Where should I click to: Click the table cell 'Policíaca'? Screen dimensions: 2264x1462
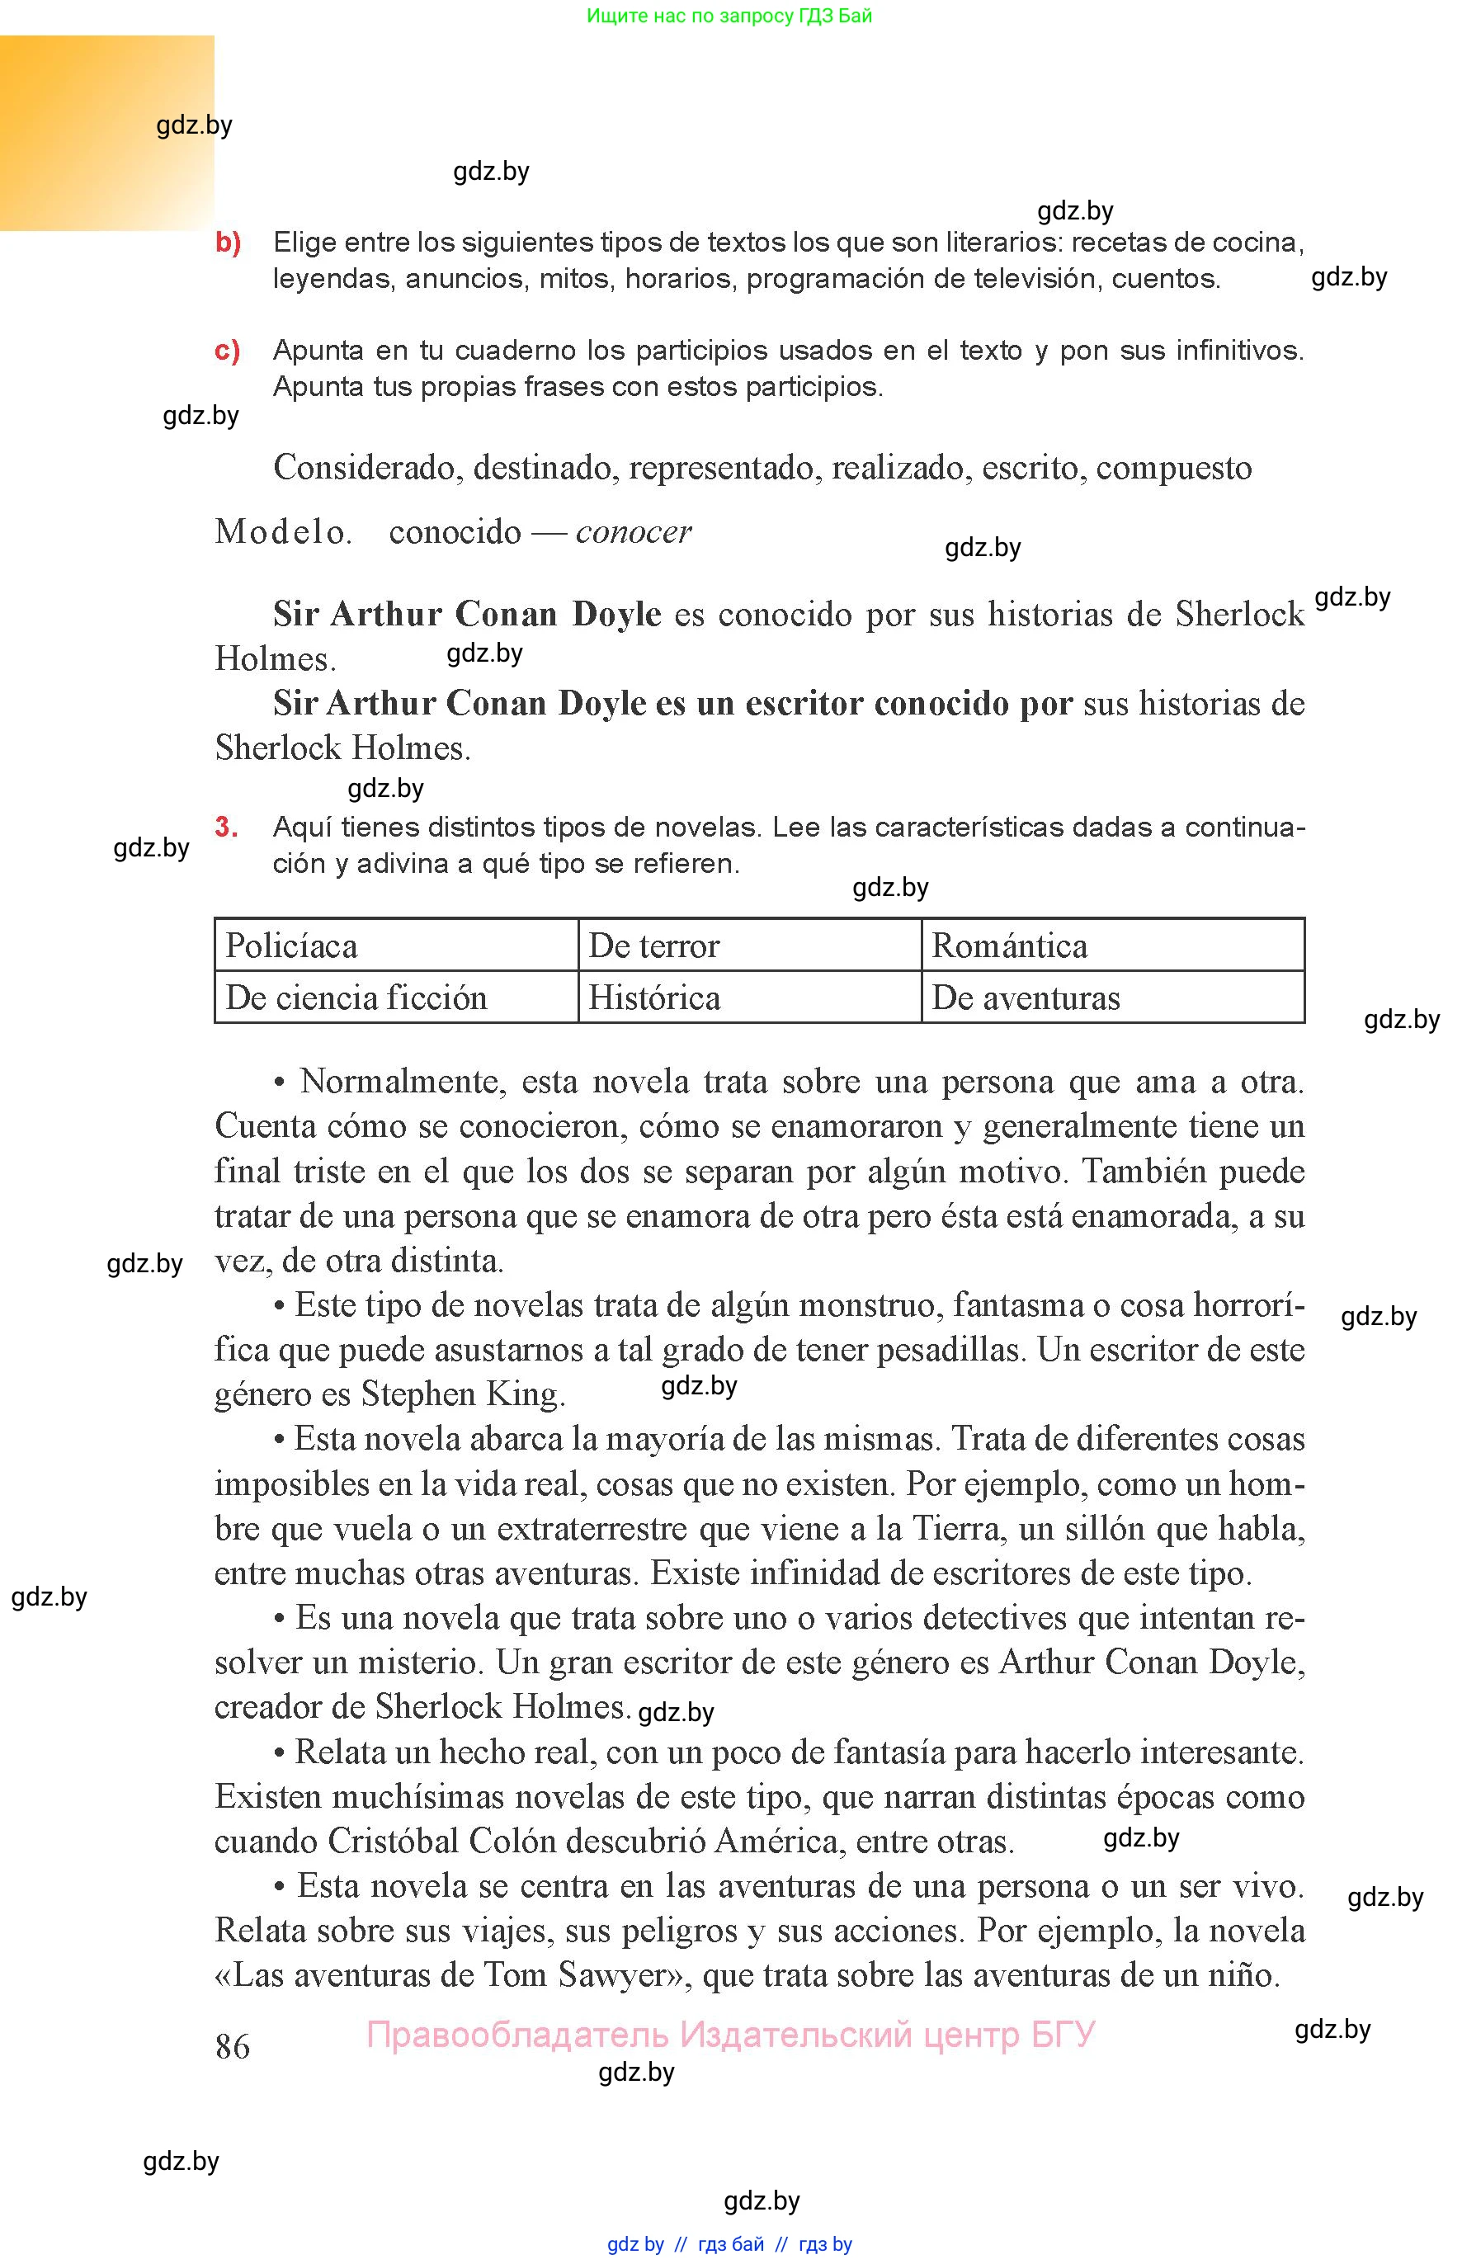click(396, 946)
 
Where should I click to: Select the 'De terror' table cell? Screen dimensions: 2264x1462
click(749, 946)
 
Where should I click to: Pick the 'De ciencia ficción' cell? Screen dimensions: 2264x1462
click(396, 997)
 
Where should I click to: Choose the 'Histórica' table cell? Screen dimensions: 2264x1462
click(749, 997)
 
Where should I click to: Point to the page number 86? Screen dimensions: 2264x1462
click(233, 2045)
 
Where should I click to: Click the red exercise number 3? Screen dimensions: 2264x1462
click(226, 827)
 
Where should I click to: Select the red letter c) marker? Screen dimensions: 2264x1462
click(227, 351)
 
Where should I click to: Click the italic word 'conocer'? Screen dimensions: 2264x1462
click(633, 531)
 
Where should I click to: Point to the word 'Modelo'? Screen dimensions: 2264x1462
click(282, 531)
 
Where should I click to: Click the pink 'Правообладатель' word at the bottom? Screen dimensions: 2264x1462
click(518, 2035)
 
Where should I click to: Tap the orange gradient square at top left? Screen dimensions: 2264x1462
click(106, 133)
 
